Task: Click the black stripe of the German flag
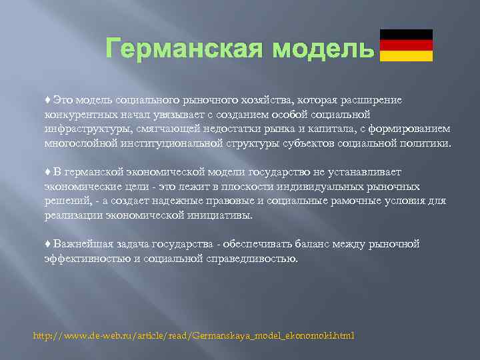click(x=406, y=35)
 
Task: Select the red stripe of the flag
click(x=406, y=45)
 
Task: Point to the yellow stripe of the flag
click(x=406, y=56)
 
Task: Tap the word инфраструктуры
click(x=83, y=129)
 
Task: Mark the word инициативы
click(x=221, y=215)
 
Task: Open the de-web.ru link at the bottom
click(x=194, y=335)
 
